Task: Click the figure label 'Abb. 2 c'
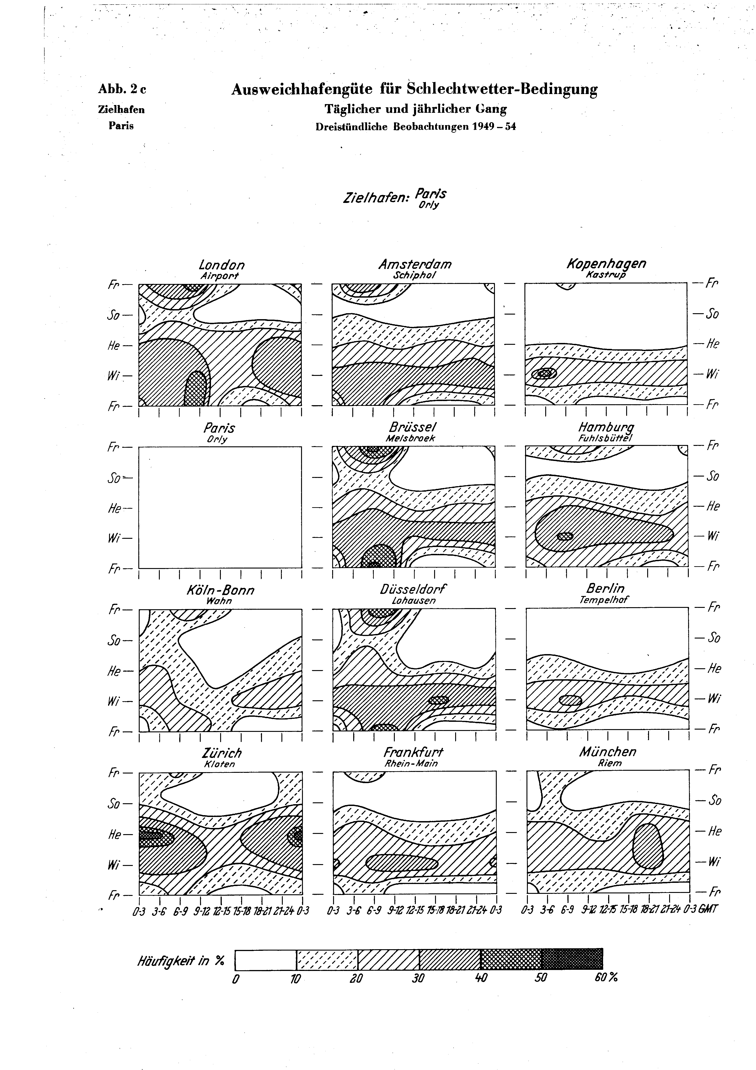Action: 122,89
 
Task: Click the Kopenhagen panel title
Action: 606,264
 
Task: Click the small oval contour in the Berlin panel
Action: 570,700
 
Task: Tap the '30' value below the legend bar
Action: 418,978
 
